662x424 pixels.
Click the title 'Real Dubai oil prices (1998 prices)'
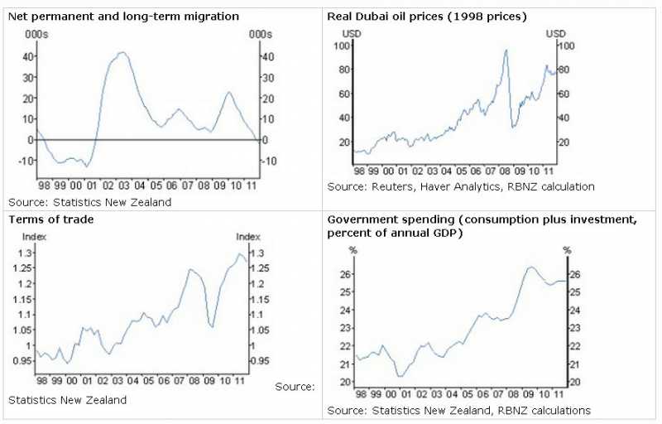point(427,16)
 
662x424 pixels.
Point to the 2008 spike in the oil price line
point(506,51)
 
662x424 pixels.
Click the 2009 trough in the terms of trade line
point(213,327)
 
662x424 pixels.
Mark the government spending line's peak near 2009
point(530,267)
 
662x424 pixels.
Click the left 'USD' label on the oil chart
point(352,32)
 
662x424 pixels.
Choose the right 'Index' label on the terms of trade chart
point(248,237)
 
